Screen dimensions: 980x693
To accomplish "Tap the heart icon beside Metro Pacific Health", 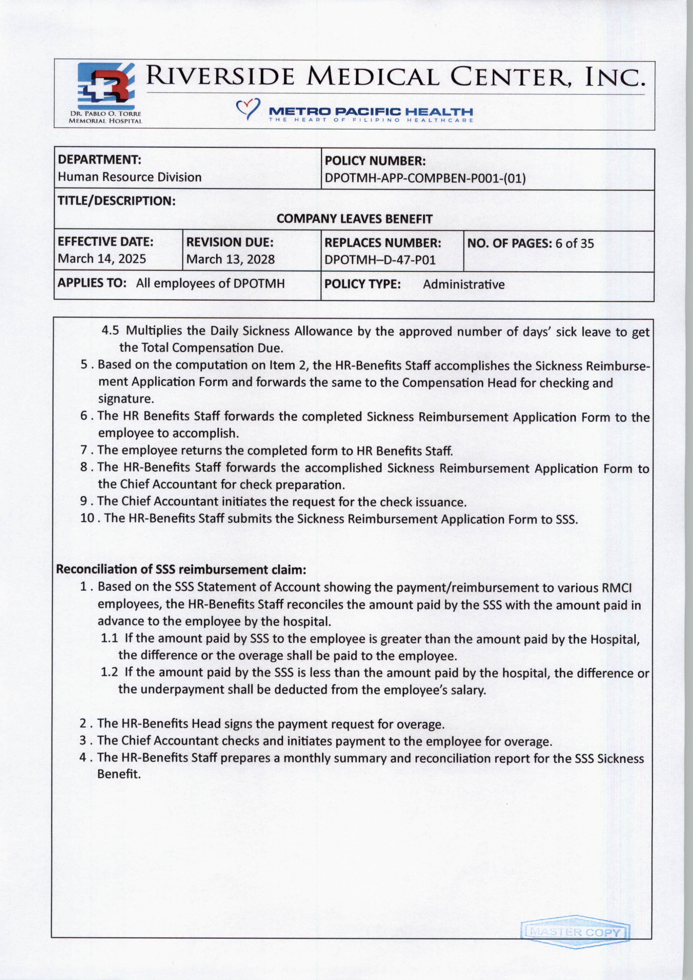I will point(248,108).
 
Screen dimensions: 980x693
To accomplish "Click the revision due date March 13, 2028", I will point(231,259).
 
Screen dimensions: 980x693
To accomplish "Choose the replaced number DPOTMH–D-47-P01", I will point(380,260).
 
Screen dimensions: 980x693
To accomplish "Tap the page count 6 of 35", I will point(574,243).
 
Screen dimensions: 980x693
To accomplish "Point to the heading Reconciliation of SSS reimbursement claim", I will point(181,570).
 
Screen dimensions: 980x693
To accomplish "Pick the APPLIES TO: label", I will point(92,283).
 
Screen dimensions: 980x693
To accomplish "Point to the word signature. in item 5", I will point(125,399).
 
